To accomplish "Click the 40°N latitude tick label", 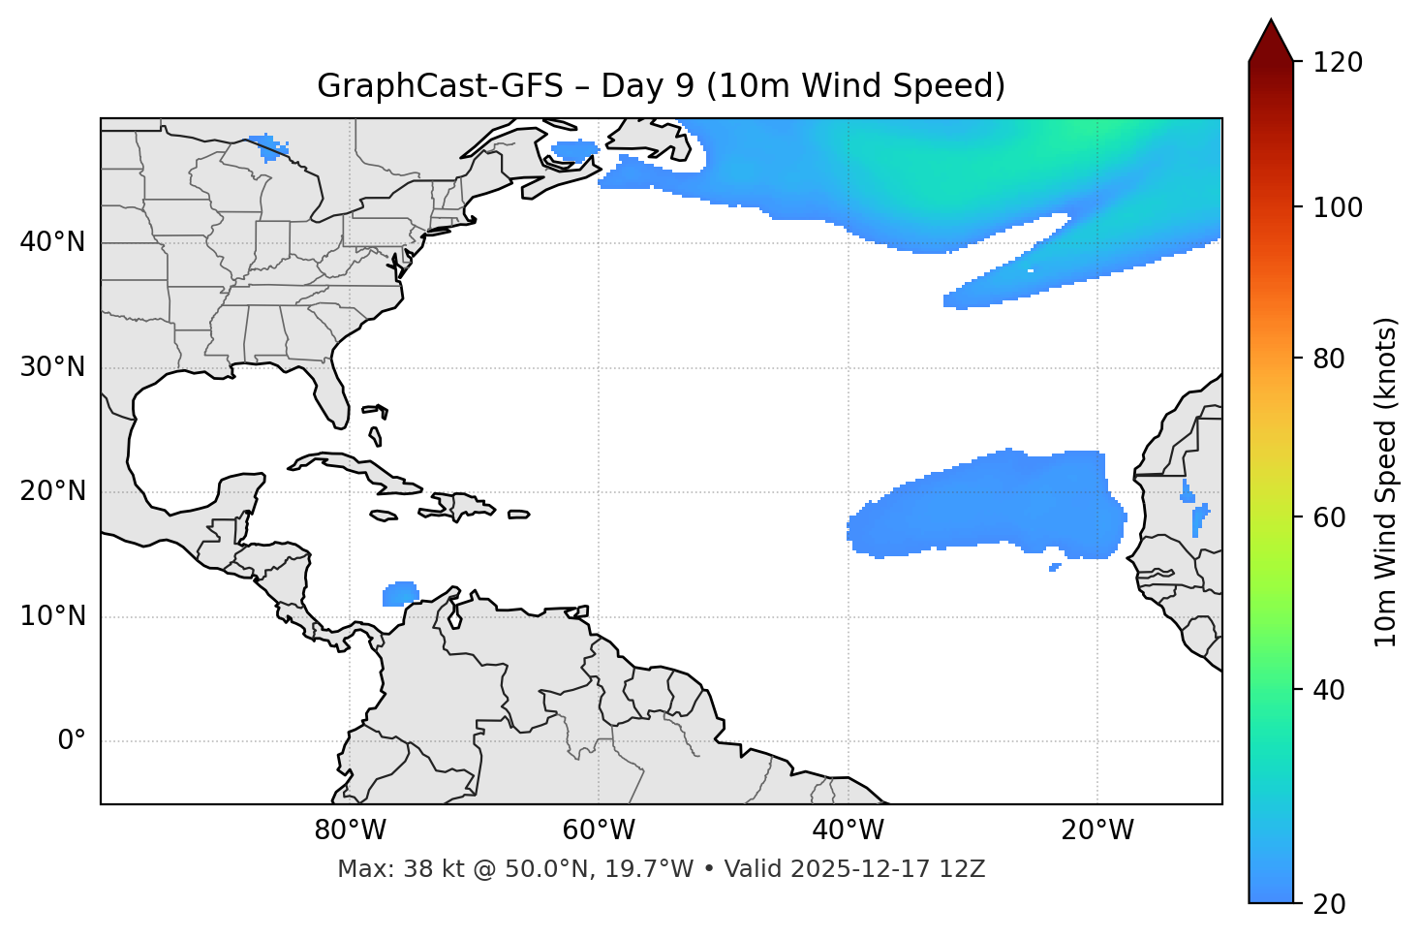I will [x=52, y=242].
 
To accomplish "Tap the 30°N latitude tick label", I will [x=52, y=367].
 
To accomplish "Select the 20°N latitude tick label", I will [x=52, y=491].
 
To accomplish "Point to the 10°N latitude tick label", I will [x=52, y=616].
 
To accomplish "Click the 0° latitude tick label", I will [x=71, y=741].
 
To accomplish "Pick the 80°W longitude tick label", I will [x=350, y=830].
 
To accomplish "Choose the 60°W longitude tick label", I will [x=599, y=830].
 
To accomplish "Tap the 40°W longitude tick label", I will [x=848, y=830].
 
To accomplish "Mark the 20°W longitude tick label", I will [x=1096, y=830].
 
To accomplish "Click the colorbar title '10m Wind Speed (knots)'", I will [x=1386, y=482].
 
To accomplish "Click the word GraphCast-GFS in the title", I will [x=440, y=86].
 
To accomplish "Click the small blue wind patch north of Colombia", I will [x=400, y=593].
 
